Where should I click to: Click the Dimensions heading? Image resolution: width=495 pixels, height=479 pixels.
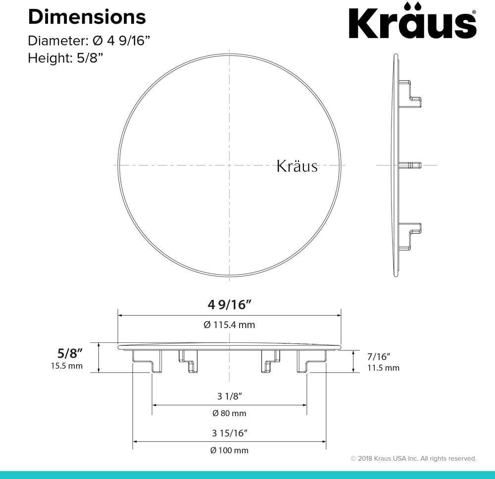tap(87, 17)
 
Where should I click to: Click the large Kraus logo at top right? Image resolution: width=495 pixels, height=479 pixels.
tap(412, 21)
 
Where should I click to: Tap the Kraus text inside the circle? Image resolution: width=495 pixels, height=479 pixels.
tap(297, 166)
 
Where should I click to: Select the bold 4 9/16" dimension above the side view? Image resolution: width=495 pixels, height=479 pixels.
tap(230, 305)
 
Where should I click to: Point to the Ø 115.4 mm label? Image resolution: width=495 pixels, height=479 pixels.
tap(229, 325)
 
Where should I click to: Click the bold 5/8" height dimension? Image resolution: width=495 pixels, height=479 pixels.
tap(70, 353)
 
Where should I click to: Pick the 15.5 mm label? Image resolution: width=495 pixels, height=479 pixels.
tap(67, 366)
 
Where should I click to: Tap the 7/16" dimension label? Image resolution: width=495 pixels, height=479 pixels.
tap(379, 357)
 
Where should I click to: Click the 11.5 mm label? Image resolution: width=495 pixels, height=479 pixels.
tap(383, 368)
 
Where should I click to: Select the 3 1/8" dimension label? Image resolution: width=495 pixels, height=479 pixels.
tap(230, 396)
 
